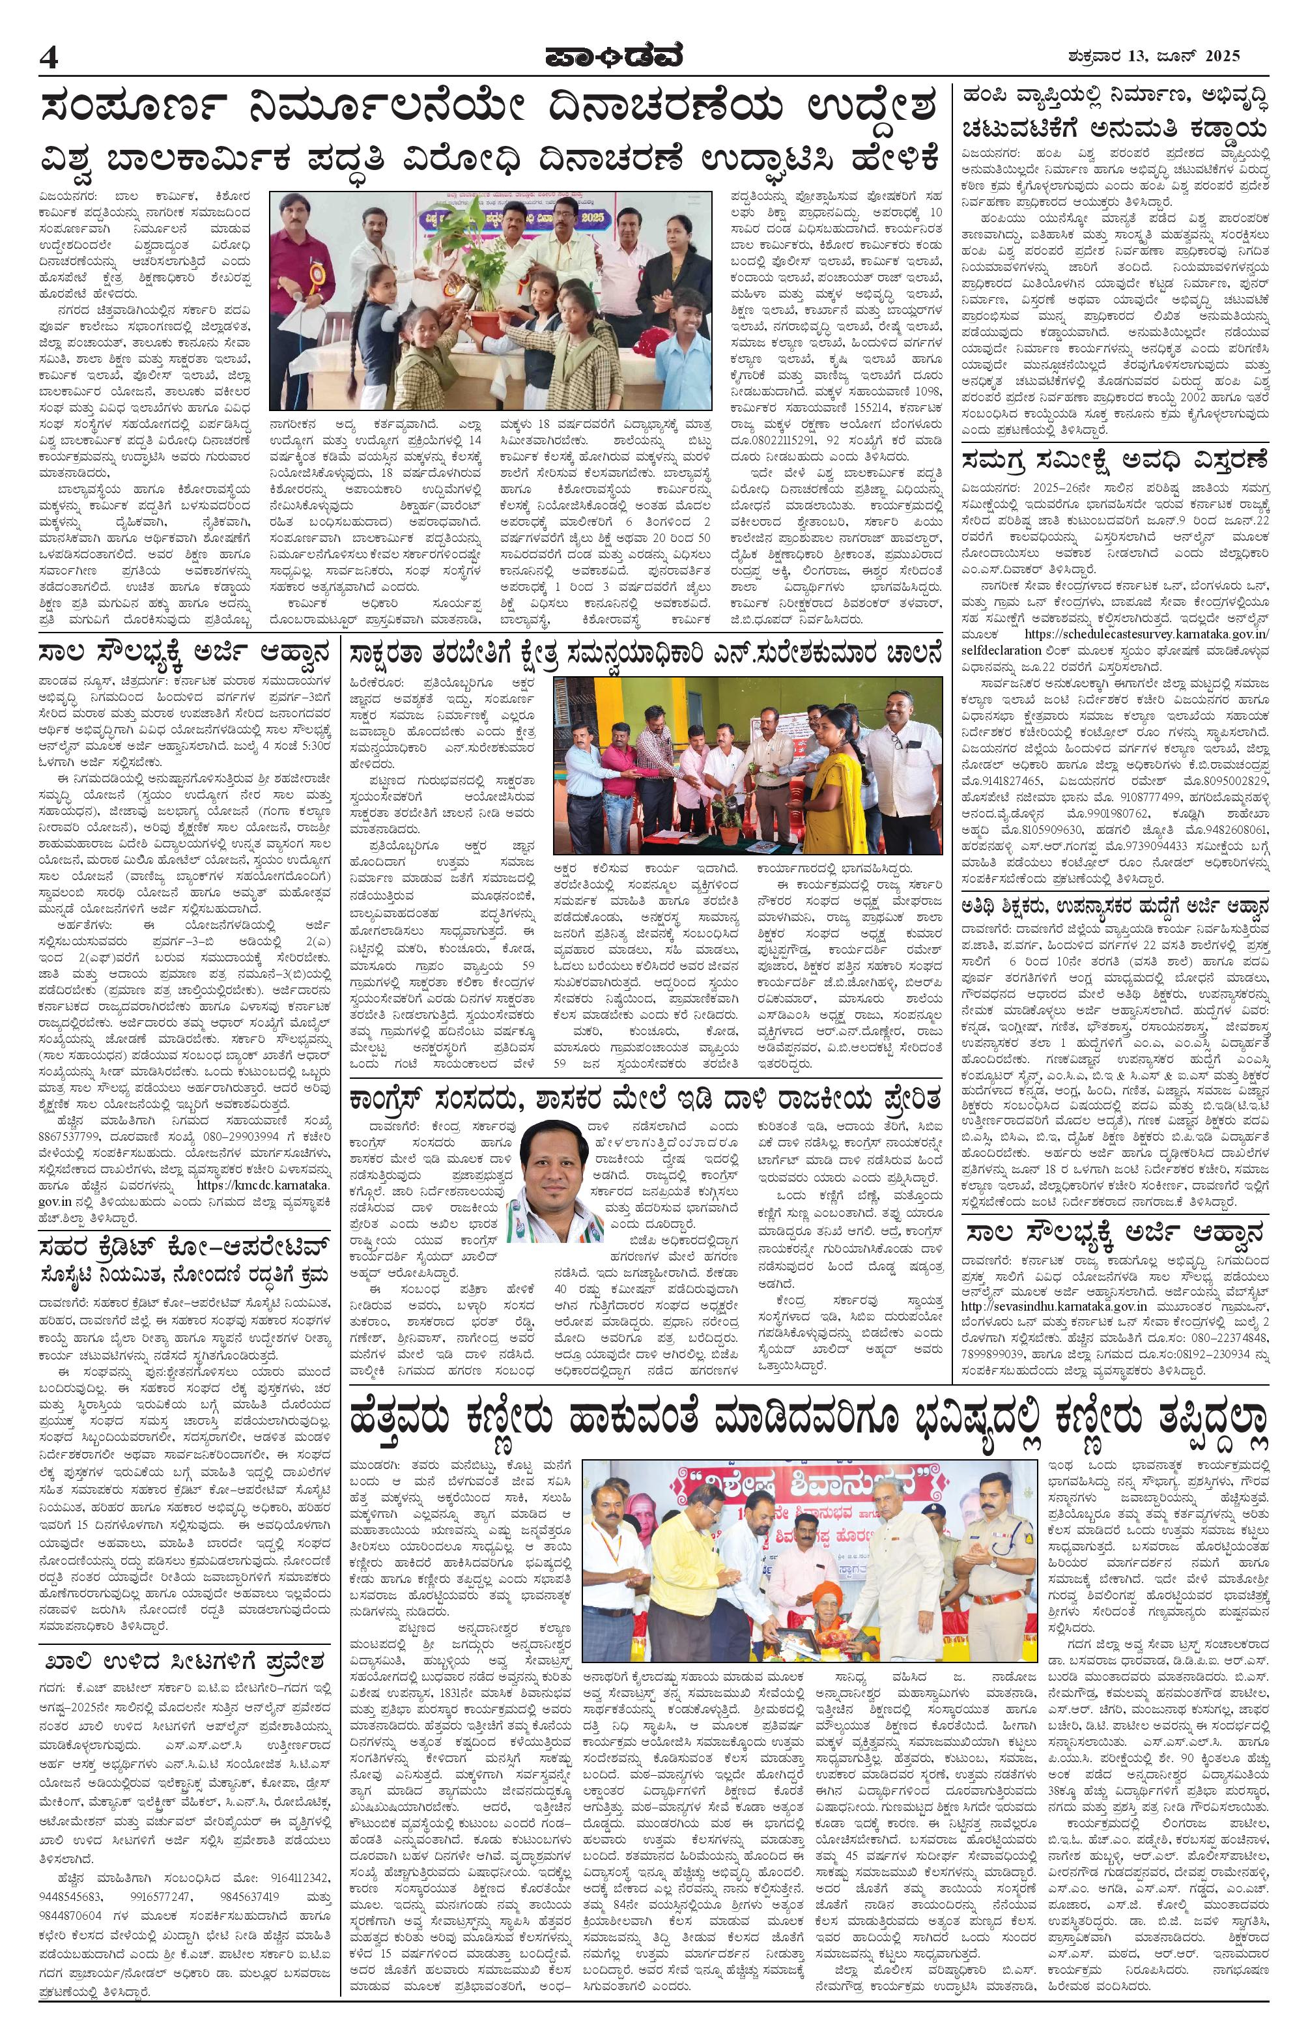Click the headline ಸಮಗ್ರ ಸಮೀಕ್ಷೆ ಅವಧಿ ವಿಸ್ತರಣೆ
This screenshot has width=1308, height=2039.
1113,461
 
